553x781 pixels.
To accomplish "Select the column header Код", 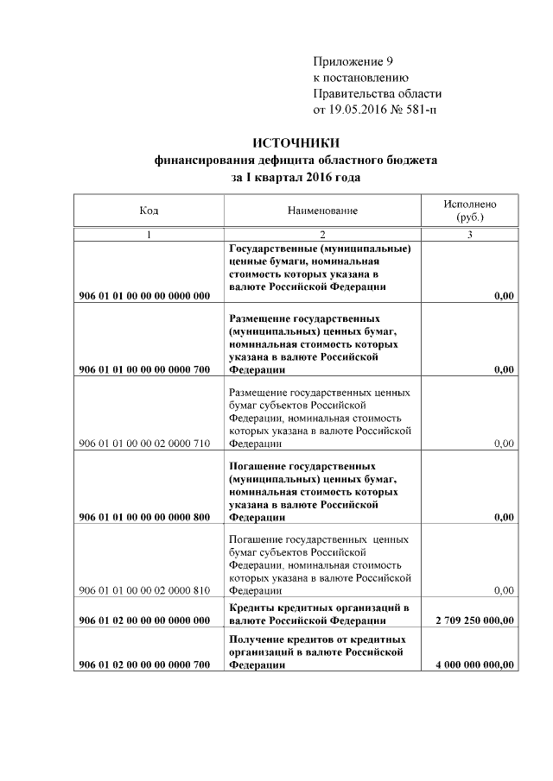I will pos(149,211).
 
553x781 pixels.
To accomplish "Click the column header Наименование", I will pos(322,211).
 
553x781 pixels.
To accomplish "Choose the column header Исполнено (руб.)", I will pos(469,211).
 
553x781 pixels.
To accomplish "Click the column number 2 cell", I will pos(322,235).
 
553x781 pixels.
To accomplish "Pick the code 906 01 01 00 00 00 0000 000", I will pos(144,296).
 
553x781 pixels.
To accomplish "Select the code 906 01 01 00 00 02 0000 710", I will pos(144,444).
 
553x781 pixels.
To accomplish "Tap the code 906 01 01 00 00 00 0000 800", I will pos(144,517).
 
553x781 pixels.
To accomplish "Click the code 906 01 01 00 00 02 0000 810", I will pos(144,591).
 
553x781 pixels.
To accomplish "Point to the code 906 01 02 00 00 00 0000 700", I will pos(144,664).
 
